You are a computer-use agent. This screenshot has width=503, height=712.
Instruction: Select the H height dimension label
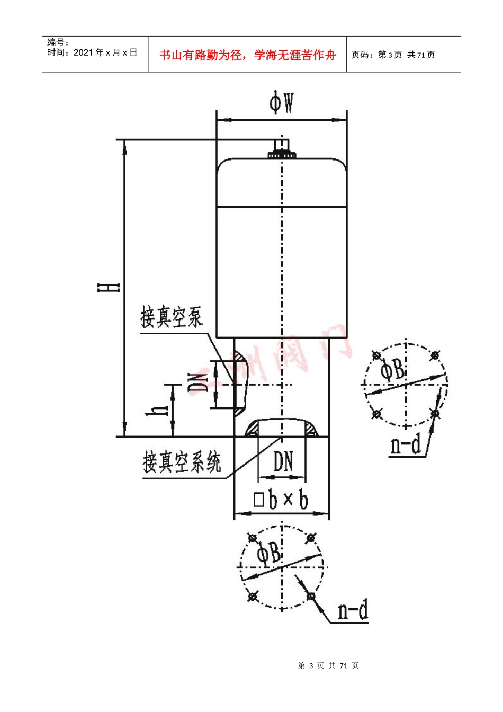pyautogui.click(x=109, y=288)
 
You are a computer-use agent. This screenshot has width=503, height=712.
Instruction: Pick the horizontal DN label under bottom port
pyautogui.click(x=283, y=462)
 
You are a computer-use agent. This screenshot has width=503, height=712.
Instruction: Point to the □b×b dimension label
pyautogui.click(x=281, y=500)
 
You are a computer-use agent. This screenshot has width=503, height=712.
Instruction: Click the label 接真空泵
pyautogui.click(x=171, y=317)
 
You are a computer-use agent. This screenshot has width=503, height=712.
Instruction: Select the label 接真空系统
pyautogui.click(x=182, y=462)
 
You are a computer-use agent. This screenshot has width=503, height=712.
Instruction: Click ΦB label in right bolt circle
pyautogui.click(x=392, y=370)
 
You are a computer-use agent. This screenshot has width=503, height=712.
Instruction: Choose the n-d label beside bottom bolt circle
pyautogui.click(x=353, y=611)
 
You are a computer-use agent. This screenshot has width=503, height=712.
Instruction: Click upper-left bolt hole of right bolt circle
pyautogui.click(x=376, y=355)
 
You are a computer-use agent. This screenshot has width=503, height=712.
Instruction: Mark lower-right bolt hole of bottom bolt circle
pyautogui.click(x=311, y=597)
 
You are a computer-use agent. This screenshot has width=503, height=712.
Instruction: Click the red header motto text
pyautogui.click(x=248, y=55)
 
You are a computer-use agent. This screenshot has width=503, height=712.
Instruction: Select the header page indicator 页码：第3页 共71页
pyautogui.click(x=393, y=55)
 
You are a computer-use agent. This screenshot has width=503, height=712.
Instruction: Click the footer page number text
pyautogui.click(x=328, y=665)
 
